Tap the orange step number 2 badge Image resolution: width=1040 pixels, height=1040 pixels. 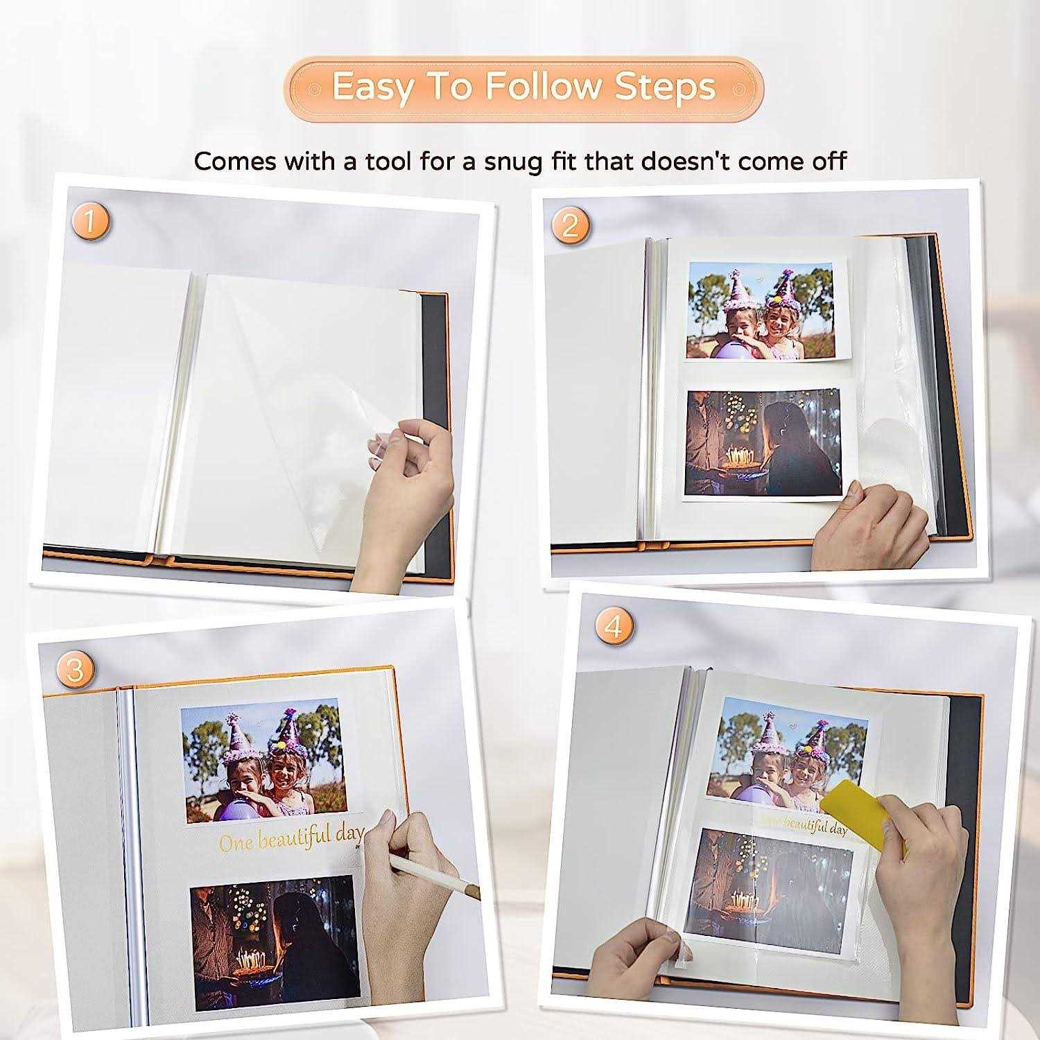point(570,225)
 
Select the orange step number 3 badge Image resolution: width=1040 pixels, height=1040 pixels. point(75,670)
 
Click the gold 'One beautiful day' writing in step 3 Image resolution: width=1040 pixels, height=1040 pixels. point(290,840)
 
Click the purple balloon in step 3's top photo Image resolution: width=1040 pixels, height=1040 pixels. point(229,805)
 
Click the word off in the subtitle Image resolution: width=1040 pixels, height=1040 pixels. point(829,161)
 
